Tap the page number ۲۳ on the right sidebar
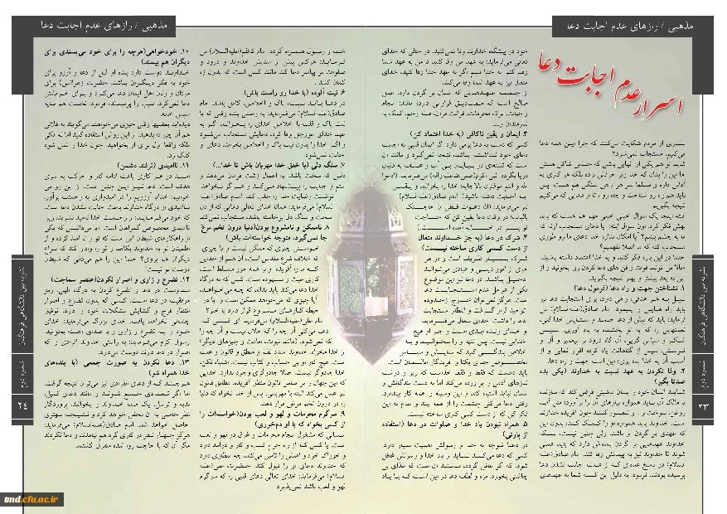point(705,405)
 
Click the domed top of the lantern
point(362,116)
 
